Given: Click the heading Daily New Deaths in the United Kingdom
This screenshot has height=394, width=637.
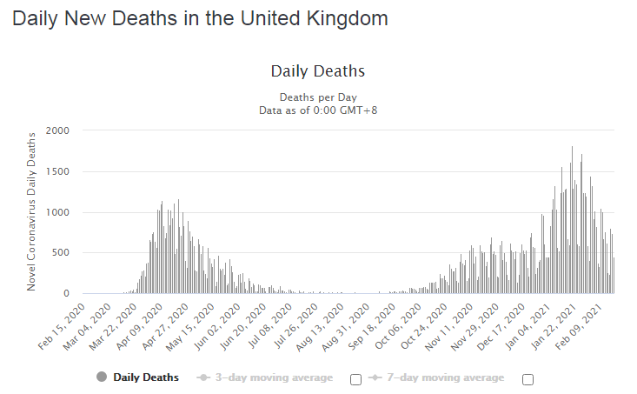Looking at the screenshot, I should click(x=200, y=18).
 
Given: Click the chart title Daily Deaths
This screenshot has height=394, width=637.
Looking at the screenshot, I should click(x=318, y=71).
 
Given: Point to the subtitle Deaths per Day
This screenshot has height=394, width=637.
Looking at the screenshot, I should click(x=318, y=97).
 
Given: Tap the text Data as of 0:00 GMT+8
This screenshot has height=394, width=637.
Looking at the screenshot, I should click(x=318, y=110).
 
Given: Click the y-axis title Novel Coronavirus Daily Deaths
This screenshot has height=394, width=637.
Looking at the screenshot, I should click(x=32, y=210).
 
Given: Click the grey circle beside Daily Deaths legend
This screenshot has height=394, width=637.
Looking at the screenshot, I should click(x=102, y=377).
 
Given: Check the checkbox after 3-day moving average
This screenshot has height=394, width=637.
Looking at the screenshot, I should click(x=355, y=379).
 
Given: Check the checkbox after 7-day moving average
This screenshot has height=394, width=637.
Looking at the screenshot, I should click(x=528, y=379).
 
